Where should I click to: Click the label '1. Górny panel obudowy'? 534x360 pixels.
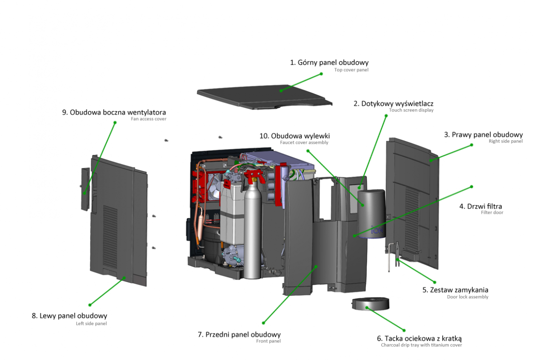click(329, 63)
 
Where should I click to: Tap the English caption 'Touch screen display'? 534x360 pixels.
click(411, 110)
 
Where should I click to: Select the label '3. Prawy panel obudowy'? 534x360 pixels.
click(483, 135)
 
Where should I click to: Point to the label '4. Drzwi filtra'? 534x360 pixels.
click(480, 206)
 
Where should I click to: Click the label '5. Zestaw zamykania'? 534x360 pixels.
click(455, 290)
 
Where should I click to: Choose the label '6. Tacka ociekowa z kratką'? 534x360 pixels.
click(419, 338)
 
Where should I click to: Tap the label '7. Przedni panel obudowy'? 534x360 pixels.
click(239, 334)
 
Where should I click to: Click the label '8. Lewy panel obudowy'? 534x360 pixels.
click(69, 316)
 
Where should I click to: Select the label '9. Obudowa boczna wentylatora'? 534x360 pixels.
click(114, 112)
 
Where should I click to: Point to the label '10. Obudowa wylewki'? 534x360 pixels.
click(298, 135)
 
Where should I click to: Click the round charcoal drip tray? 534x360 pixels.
click(369, 304)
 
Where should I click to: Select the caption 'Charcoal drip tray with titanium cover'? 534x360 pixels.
click(421, 346)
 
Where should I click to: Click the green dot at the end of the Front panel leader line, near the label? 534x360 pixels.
click(264, 323)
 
